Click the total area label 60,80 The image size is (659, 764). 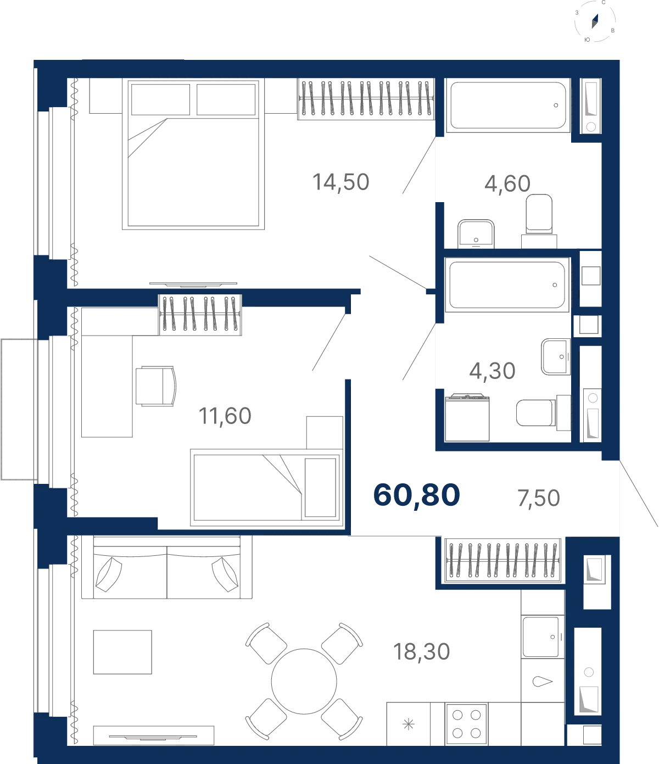(x=416, y=495)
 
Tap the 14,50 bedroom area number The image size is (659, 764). (x=341, y=182)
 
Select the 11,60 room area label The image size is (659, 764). (x=225, y=416)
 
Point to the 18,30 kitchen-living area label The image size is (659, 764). (x=421, y=651)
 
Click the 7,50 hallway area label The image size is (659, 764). (x=539, y=498)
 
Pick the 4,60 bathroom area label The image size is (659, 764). (x=507, y=183)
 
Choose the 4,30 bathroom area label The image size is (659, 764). (x=492, y=371)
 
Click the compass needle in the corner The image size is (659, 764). (x=595, y=21)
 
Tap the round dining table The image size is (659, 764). (x=304, y=681)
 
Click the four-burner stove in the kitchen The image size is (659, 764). (x=466, y=724)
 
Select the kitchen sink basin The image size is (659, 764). (x=543, y=637)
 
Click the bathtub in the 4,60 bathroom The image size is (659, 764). (x=508, y=105)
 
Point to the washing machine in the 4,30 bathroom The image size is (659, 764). (x=467, y=417)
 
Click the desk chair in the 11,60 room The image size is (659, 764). (x=155, y=386)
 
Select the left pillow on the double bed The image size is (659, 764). (x=160, y=99)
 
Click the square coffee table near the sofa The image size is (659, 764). (x=122, y=652)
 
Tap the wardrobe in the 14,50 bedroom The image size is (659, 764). (x=366, y=99)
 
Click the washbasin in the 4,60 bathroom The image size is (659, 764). (x=476, y=234)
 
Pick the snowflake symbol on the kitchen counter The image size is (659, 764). (x=409, y=724)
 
